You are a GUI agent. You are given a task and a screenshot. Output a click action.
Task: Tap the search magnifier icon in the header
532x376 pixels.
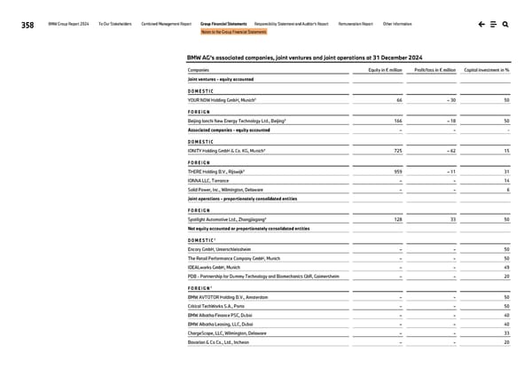point(504,25)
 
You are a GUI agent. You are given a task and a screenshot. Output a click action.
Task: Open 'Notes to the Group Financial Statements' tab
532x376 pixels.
point(233,32)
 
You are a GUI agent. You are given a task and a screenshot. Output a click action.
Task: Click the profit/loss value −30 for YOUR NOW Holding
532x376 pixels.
point(450,100)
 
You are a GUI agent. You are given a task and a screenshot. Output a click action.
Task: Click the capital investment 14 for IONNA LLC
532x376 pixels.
point(505,180)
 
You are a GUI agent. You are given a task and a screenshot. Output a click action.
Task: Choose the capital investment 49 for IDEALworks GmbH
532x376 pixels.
point(505,266)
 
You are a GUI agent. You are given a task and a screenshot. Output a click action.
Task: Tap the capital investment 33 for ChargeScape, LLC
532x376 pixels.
point(505,333)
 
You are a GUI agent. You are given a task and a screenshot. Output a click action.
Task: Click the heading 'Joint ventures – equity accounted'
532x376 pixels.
point(224,79)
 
